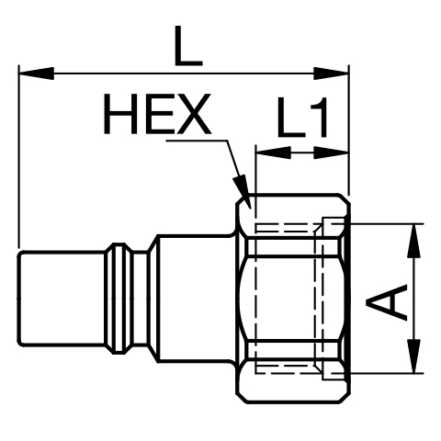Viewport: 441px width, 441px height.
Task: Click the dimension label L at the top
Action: tap(188, 46)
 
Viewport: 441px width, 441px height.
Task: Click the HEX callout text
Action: tap(157, 114)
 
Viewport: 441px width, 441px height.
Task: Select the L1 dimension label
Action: tap(302, 117)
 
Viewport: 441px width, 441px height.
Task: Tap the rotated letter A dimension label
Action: tap(386, 302)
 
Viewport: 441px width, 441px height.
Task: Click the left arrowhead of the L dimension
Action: tap(36, 73)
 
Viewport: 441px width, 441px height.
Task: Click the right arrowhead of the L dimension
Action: tap(332, 73)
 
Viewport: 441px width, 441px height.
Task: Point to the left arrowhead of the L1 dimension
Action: tap(274, 153)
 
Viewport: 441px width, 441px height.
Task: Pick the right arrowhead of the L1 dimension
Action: tap(332, 153)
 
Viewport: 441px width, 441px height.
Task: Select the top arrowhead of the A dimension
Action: tap(413, 241)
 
